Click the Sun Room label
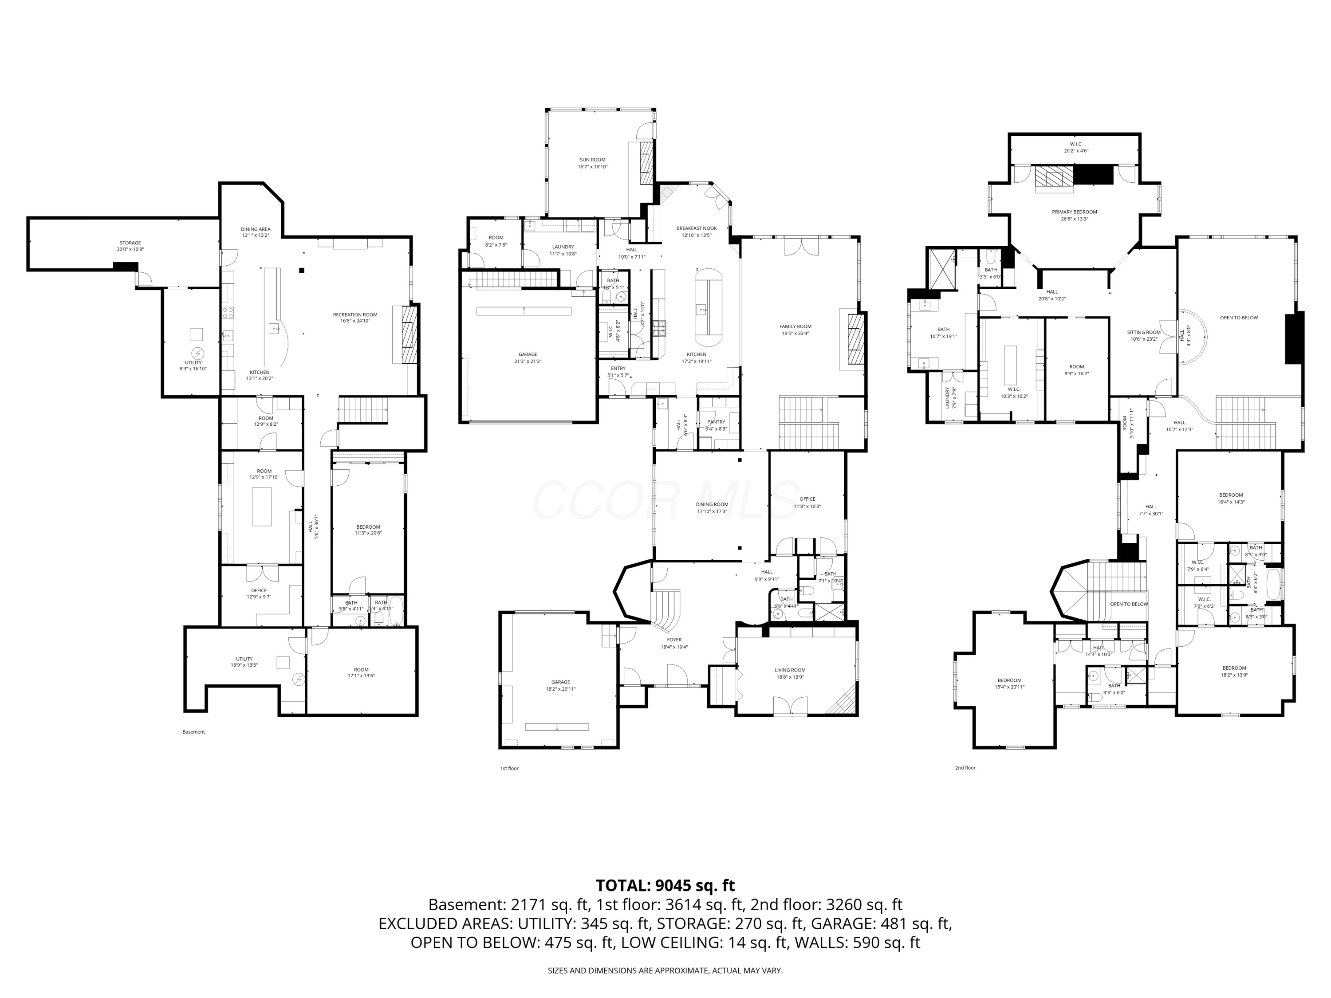pyautogui.click(x=592, y=160)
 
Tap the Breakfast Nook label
pyautogui.click(x=696, y=228)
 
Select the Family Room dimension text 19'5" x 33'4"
pyautogui.click(x=795, y=333)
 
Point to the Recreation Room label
pyautogui.click(x=355, y=314)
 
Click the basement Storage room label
pyautogui.click(x=130, y=243)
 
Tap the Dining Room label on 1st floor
pyautogui.click(x=712, y=505)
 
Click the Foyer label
pyautogui.click(x=674, y=640)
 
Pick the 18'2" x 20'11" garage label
pyautogui.click(x=560, y=689)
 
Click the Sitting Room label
pyautogui.click(x=1143, y=333)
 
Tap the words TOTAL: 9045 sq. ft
pyautogui.click(x=665, y=885)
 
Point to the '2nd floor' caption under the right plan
pyautogui.click(x=965, y=768)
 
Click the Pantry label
pyautogui.click(x=716, y=422)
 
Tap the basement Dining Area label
pyautogui.click(x=255, y=229)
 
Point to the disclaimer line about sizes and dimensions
pyautogui.click(x=665, y=970)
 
